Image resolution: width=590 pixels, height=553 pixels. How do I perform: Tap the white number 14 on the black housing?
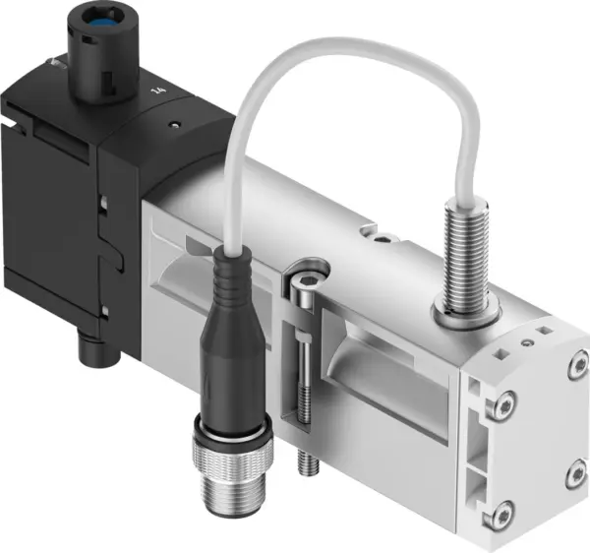[x=156, y=91]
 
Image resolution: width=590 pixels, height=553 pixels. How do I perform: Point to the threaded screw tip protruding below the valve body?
[x=305, y=459]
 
